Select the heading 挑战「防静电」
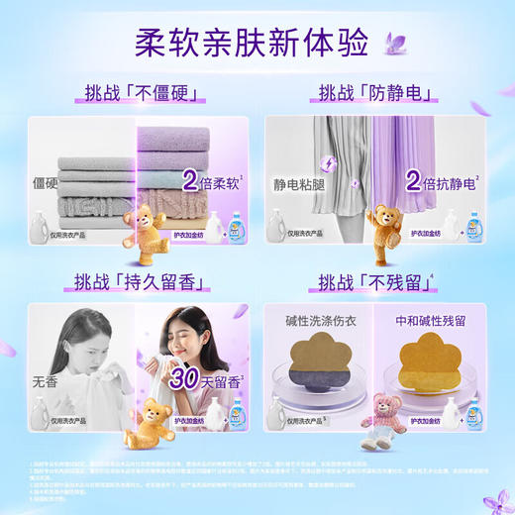(x=374, y=94)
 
